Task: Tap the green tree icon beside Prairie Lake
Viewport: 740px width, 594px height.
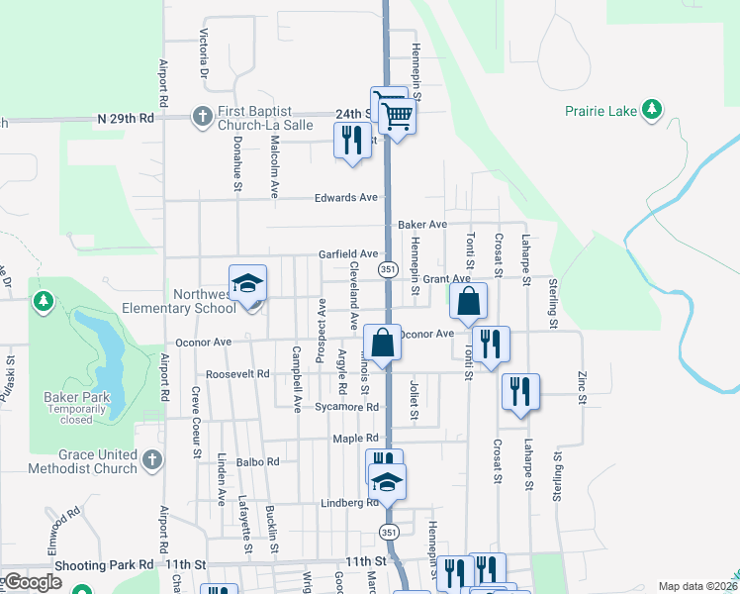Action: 652,109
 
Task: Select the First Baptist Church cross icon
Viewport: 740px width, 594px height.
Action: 202,117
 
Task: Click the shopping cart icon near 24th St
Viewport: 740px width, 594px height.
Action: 397,116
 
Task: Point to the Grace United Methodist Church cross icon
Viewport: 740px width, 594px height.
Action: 151,459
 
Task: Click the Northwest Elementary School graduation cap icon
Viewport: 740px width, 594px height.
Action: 247,284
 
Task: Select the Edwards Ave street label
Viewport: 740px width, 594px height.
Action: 346,198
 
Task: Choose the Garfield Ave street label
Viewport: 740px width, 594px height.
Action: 348,254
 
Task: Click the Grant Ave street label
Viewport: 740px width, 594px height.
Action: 447,279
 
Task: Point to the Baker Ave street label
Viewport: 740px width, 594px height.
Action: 422,226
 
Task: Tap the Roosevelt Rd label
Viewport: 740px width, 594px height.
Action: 237,375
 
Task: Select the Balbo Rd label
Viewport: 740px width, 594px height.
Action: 258,461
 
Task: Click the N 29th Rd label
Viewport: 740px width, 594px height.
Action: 126,118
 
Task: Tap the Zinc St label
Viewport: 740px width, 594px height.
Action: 582,387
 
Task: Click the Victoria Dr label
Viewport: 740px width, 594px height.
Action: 204,54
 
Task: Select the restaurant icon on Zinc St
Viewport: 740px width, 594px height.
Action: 519,391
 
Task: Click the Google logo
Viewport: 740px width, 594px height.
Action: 33,582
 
